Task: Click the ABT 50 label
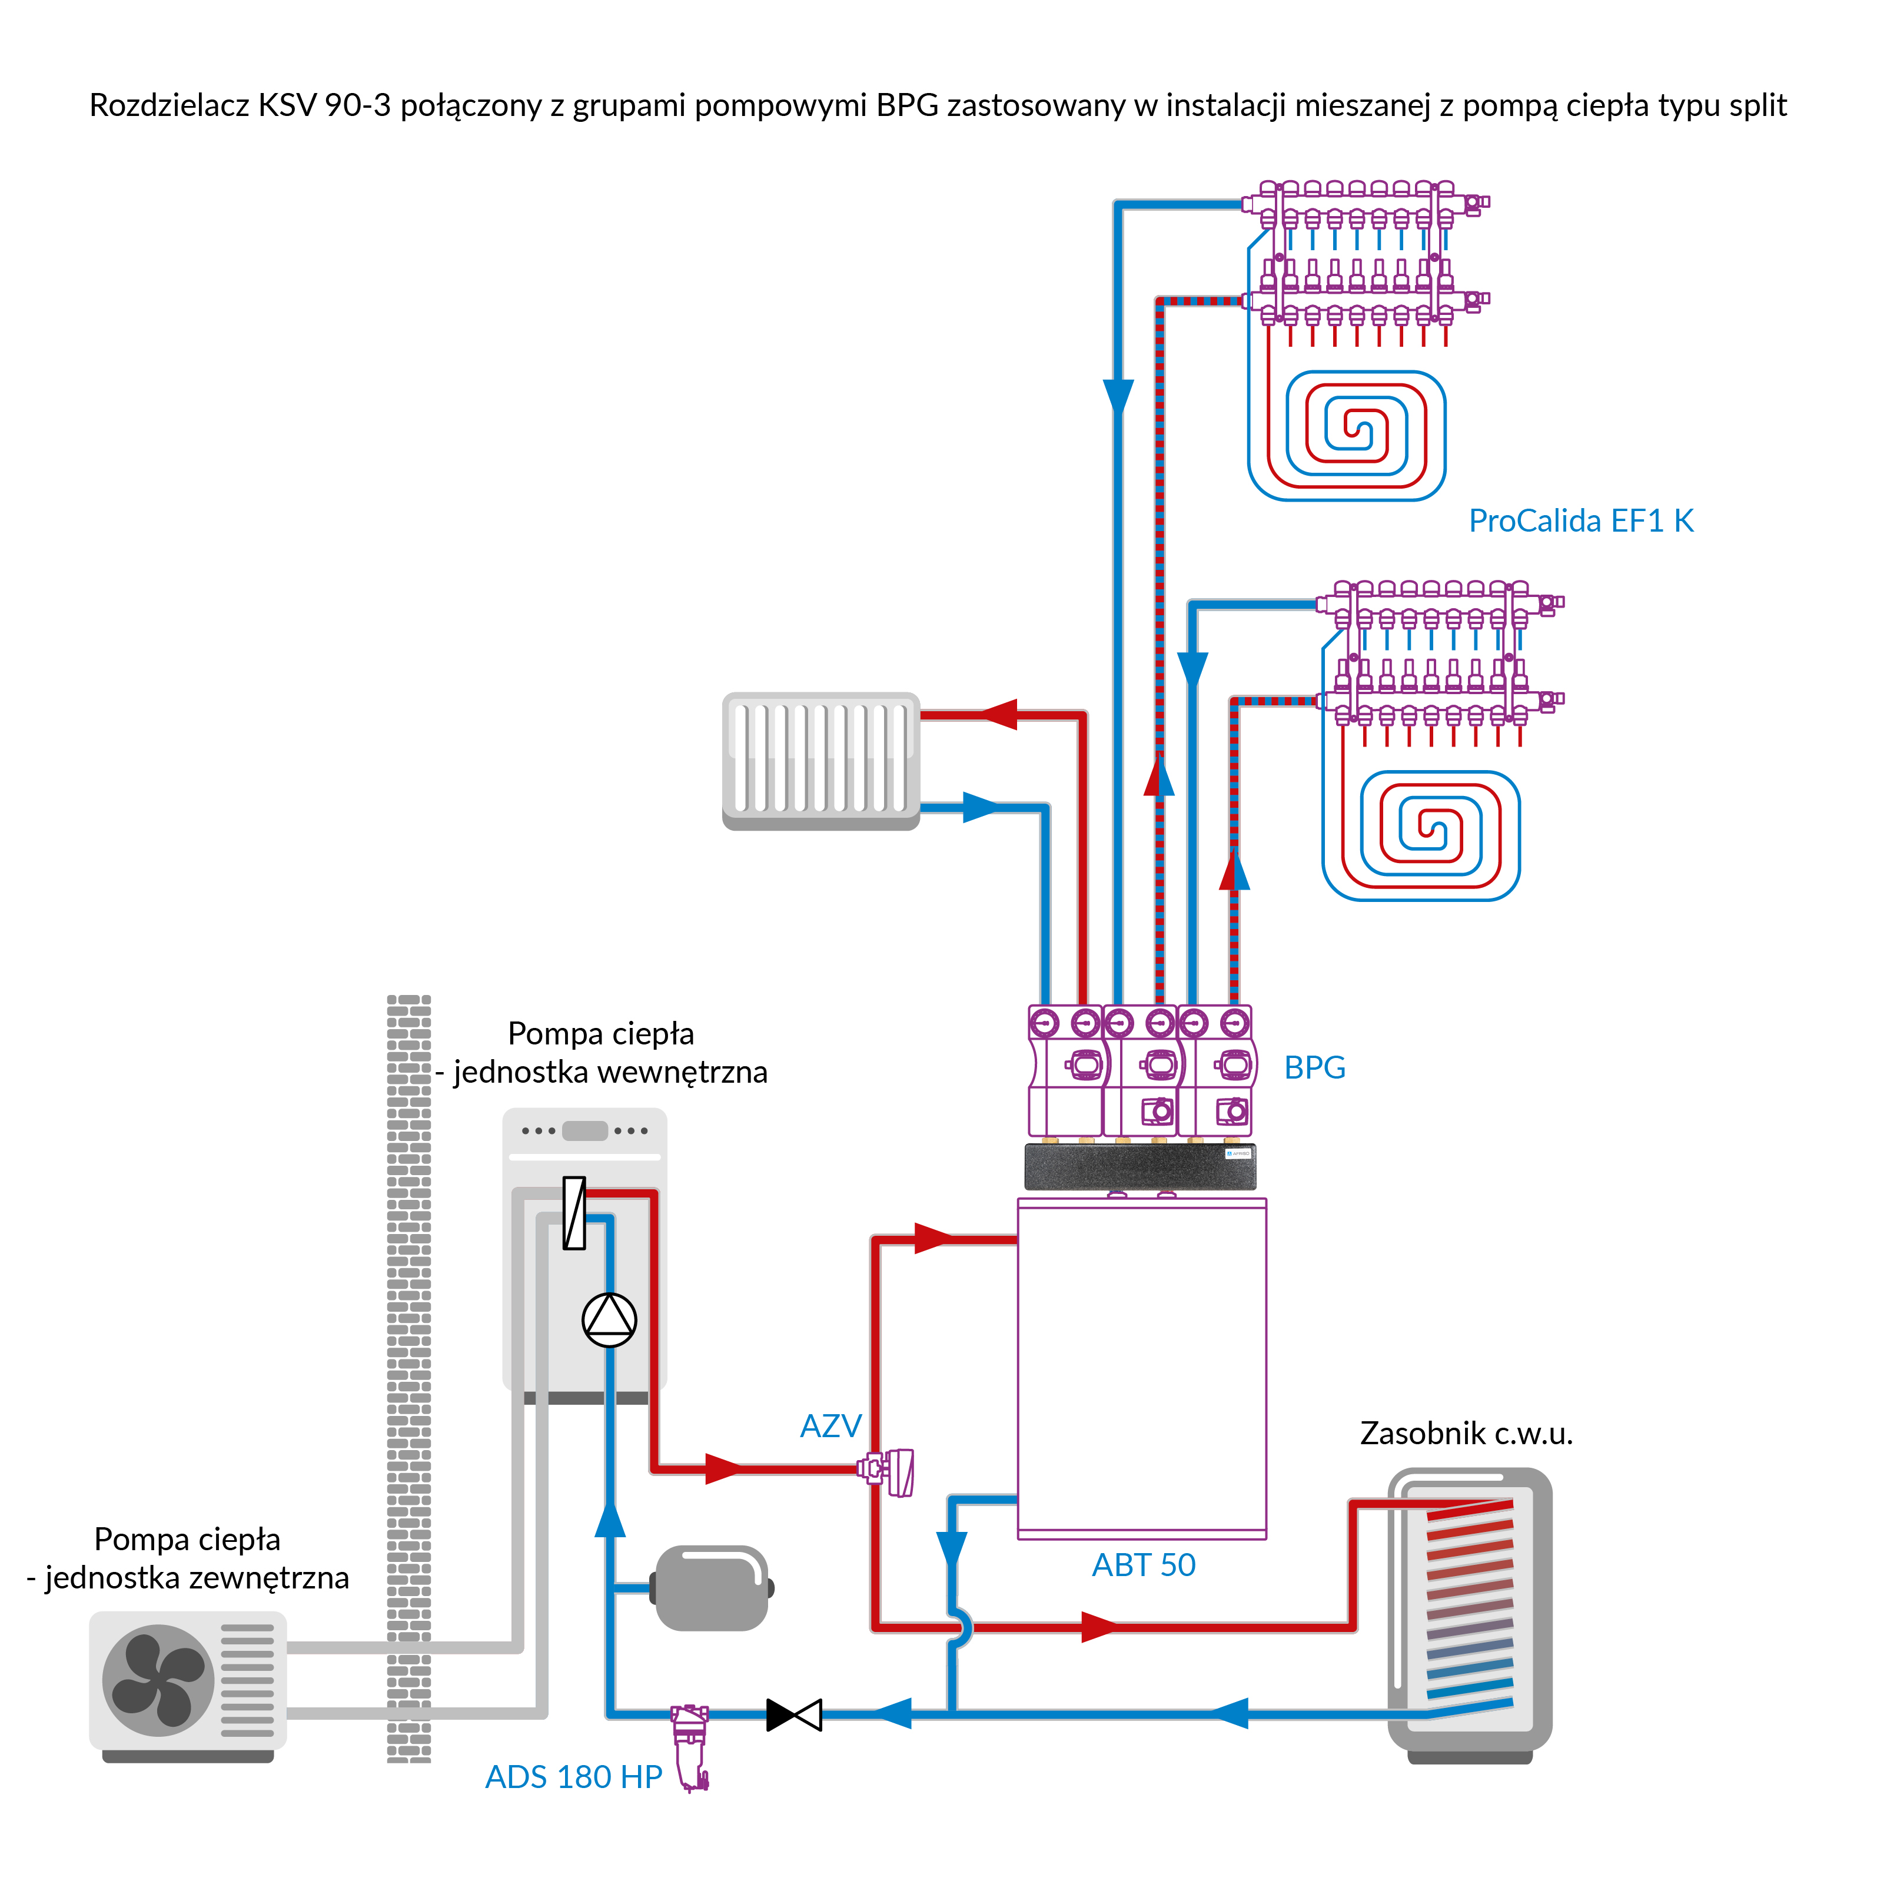click(1143, 1565)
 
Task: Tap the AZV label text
click(830, 1427)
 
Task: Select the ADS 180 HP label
click(573, 1777)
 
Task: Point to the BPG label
click(1314, 1068)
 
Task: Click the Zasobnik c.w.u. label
click(1466, 1434)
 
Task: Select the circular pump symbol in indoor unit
click(609, 1321)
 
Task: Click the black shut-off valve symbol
click(793, 1715)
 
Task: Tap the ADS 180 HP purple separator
click(692, 1746)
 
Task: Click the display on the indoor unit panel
click(585, 1131)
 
